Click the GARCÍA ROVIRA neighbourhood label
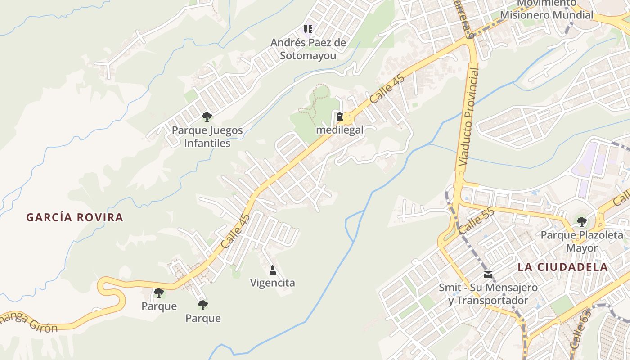[75, 217]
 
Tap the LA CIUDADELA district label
[562, 266]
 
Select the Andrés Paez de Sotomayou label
[308, 49]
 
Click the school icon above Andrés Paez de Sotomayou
[308, 30]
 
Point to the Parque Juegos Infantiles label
[207, 137]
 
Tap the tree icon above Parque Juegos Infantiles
[207, 117]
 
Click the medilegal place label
[340, 130]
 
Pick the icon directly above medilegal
[340, 117]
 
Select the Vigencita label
[273, 283]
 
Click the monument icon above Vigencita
[272, 270]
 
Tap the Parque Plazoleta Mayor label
[582, 241]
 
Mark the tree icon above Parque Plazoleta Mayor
[582, 221]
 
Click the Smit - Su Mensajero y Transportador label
[488, 294]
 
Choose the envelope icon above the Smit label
[488, 274]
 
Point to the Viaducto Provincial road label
[469, 118]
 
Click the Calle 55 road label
[477, 220]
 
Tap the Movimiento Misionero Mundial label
[547, 10]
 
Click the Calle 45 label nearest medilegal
[387, 88]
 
